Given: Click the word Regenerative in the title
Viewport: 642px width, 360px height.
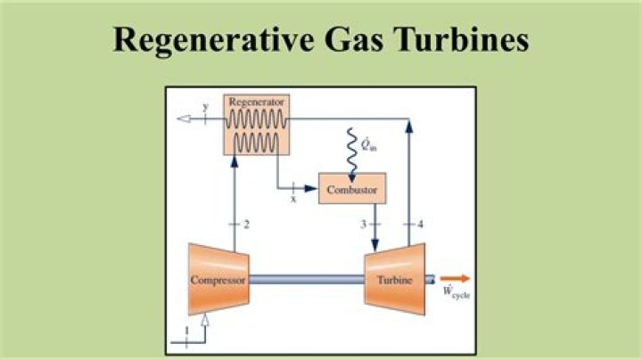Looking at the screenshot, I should click(211, 41).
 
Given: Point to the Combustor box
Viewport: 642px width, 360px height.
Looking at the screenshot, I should click(352, 190).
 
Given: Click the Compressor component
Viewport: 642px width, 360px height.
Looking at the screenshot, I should click(217, 279).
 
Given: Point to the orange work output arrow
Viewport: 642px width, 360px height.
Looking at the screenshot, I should click(453, 278).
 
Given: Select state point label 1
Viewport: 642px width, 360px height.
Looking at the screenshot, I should click(186, 331).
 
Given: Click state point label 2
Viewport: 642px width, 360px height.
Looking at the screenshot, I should click(245, 224).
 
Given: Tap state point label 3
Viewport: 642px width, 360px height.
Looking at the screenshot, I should click(363, 224).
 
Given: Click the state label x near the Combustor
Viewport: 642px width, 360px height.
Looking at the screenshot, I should click(292, 200).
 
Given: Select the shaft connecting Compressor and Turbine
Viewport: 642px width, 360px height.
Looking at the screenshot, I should click(305, 278).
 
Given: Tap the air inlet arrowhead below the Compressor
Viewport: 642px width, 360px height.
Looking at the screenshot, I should click(206, 320).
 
